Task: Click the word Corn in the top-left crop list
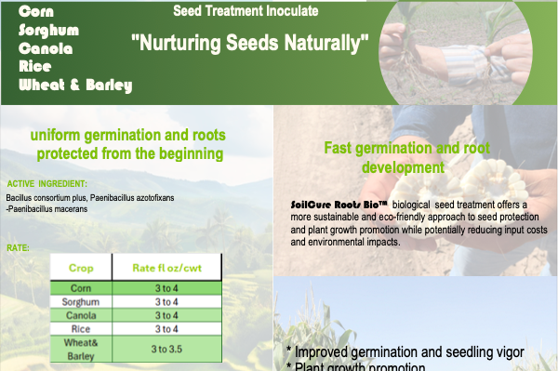tap(34, 11)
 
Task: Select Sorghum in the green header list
tap(48, 30)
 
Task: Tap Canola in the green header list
tap(44, 48)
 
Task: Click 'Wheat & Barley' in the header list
tap(75, 86)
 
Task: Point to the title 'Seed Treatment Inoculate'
tap(246, 11)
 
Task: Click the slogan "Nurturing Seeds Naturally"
tap(250, 43)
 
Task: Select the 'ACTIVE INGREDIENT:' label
tap(47, 184)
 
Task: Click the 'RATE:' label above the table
tap(19, 248)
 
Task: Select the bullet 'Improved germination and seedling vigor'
tap(405, 351)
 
